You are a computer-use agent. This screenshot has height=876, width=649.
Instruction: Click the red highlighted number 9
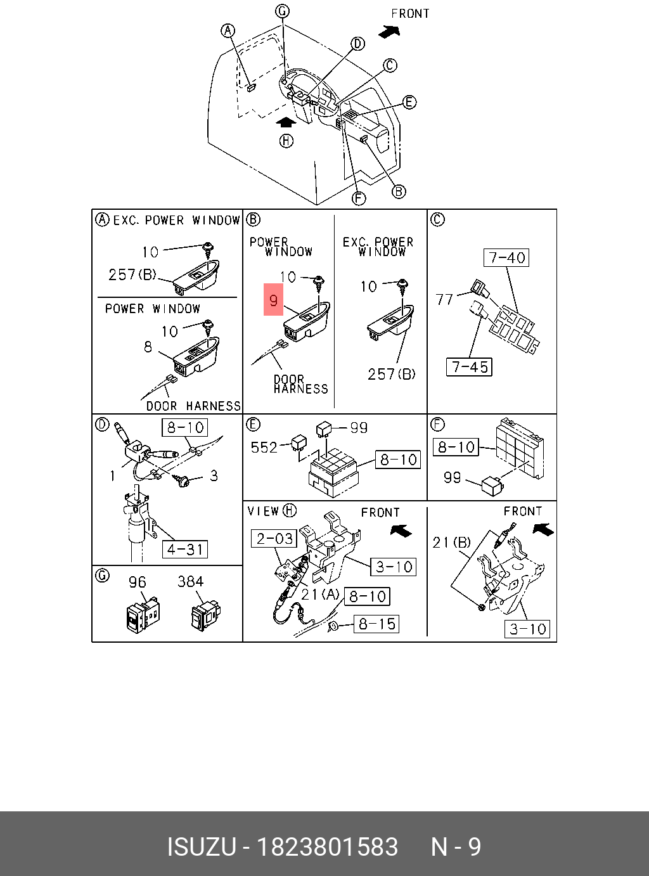point(273,300)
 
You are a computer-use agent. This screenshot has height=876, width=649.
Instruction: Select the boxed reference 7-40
point(507,257)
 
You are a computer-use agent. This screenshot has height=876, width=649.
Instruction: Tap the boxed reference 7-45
point(470,367)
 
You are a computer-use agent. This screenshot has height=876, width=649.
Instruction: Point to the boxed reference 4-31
point(185,549)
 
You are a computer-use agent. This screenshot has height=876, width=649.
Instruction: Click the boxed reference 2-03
point(274,538)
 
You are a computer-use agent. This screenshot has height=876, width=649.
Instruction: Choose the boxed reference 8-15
point(376,624)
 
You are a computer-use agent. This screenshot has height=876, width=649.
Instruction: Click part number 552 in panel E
point(264,448)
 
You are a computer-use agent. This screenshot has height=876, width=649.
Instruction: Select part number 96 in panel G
point(137,582)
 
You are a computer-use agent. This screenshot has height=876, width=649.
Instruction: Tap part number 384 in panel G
point(190,581)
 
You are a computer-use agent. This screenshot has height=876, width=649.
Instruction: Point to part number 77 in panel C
point(445,299)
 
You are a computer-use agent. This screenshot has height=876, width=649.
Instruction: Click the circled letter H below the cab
point(286,141)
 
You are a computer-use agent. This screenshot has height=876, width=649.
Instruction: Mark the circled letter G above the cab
point(282,11)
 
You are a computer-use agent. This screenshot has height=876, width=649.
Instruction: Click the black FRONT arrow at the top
point(389,30)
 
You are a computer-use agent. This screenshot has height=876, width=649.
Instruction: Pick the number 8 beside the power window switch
point(148,347)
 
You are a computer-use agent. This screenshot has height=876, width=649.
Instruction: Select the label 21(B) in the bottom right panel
point(451,542)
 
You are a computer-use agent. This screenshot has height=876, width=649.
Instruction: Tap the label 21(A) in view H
point(320,594)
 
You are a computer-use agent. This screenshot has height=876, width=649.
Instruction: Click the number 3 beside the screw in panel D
point(214,475)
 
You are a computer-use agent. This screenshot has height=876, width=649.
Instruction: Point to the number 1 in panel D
point(113,475)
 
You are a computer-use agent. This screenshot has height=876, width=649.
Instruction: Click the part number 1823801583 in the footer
point(326,847)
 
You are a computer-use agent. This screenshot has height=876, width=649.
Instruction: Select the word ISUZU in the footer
point(201,847)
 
